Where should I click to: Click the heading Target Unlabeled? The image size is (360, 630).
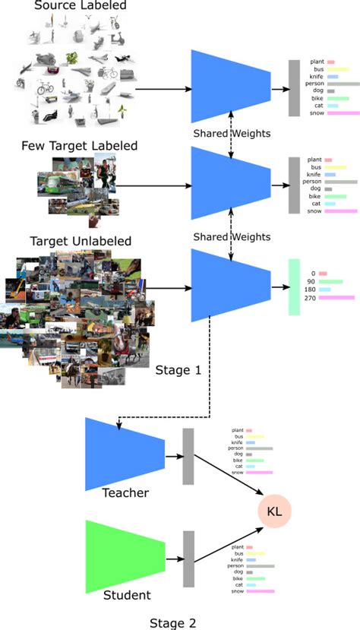(81, 241)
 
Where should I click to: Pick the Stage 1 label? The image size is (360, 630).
(178, 370)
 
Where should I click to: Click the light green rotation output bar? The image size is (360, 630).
(295, 287)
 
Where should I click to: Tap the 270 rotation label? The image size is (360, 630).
(311, 298)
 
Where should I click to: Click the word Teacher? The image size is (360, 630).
(125, 493)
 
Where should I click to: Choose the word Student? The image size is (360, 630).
(127, 594)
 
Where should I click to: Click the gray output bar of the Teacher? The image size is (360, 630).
(188, 456)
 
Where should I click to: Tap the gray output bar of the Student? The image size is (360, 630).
(188, 559)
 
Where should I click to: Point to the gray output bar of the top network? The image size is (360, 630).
(294, 87)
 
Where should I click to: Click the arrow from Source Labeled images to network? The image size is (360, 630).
(163, 89)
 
